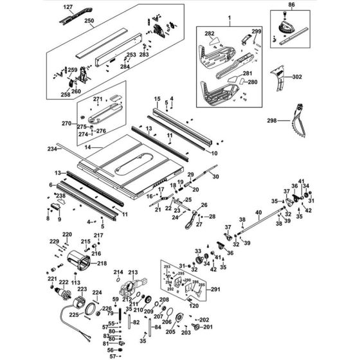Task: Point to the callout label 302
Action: click(x=296, y=76)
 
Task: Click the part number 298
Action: click(x=272, y=120)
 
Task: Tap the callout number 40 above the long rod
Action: click(x=258, y=212)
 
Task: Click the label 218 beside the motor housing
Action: click(x=102, y=264)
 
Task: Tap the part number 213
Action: click(x=133, y=273)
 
